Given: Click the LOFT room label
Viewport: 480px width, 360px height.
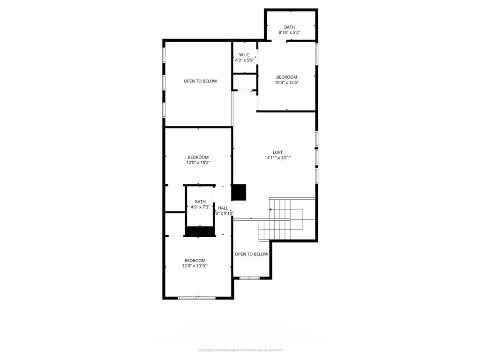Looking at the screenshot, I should [277, 152].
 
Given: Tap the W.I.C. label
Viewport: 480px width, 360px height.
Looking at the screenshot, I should [244, 55].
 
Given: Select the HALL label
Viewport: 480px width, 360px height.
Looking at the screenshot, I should [223, 208].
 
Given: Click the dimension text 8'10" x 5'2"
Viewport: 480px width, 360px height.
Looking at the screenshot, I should [289, 32].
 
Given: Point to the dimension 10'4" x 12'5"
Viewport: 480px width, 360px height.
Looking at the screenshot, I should [286, 82].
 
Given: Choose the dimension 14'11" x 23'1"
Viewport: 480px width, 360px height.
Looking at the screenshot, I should [277, 158].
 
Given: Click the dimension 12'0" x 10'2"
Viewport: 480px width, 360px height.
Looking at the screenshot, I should [198, 163].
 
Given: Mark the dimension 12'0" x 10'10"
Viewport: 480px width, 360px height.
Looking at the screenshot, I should [195, 266].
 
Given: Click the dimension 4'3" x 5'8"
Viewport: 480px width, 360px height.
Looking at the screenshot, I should [244, 60].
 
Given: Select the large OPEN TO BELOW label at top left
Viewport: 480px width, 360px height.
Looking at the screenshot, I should [200, 81].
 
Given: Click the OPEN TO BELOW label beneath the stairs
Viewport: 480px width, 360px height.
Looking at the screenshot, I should [251, 254].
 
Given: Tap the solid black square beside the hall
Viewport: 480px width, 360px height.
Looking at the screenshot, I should [239, 192].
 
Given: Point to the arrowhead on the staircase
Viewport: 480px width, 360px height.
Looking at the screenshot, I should [271, 210].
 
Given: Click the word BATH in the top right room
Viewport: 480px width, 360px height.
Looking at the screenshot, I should [289, 27].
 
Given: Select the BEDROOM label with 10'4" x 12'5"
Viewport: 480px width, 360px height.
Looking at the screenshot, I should [286, 77].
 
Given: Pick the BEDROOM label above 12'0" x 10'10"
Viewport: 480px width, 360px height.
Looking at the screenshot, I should [195, 261].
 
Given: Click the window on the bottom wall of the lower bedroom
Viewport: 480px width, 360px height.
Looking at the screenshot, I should [197, 298].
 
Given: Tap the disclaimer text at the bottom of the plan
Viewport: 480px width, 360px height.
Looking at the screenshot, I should [240, 350].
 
